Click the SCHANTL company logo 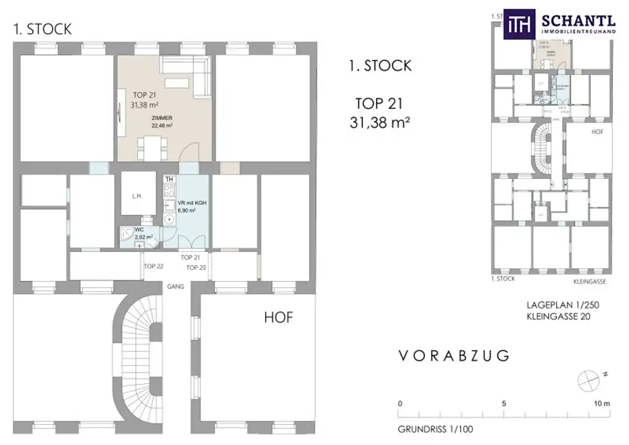click(560, 25)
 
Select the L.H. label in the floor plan click(137, 196)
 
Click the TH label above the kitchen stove click(170, 179)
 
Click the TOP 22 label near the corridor click(154, 266)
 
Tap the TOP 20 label click(196, 268)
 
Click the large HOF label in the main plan click(278, 318)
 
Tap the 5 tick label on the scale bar click(504, 404)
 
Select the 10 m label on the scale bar click(601, 404)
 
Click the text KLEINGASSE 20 click(557, 317)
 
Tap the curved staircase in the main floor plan click(138, 363)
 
